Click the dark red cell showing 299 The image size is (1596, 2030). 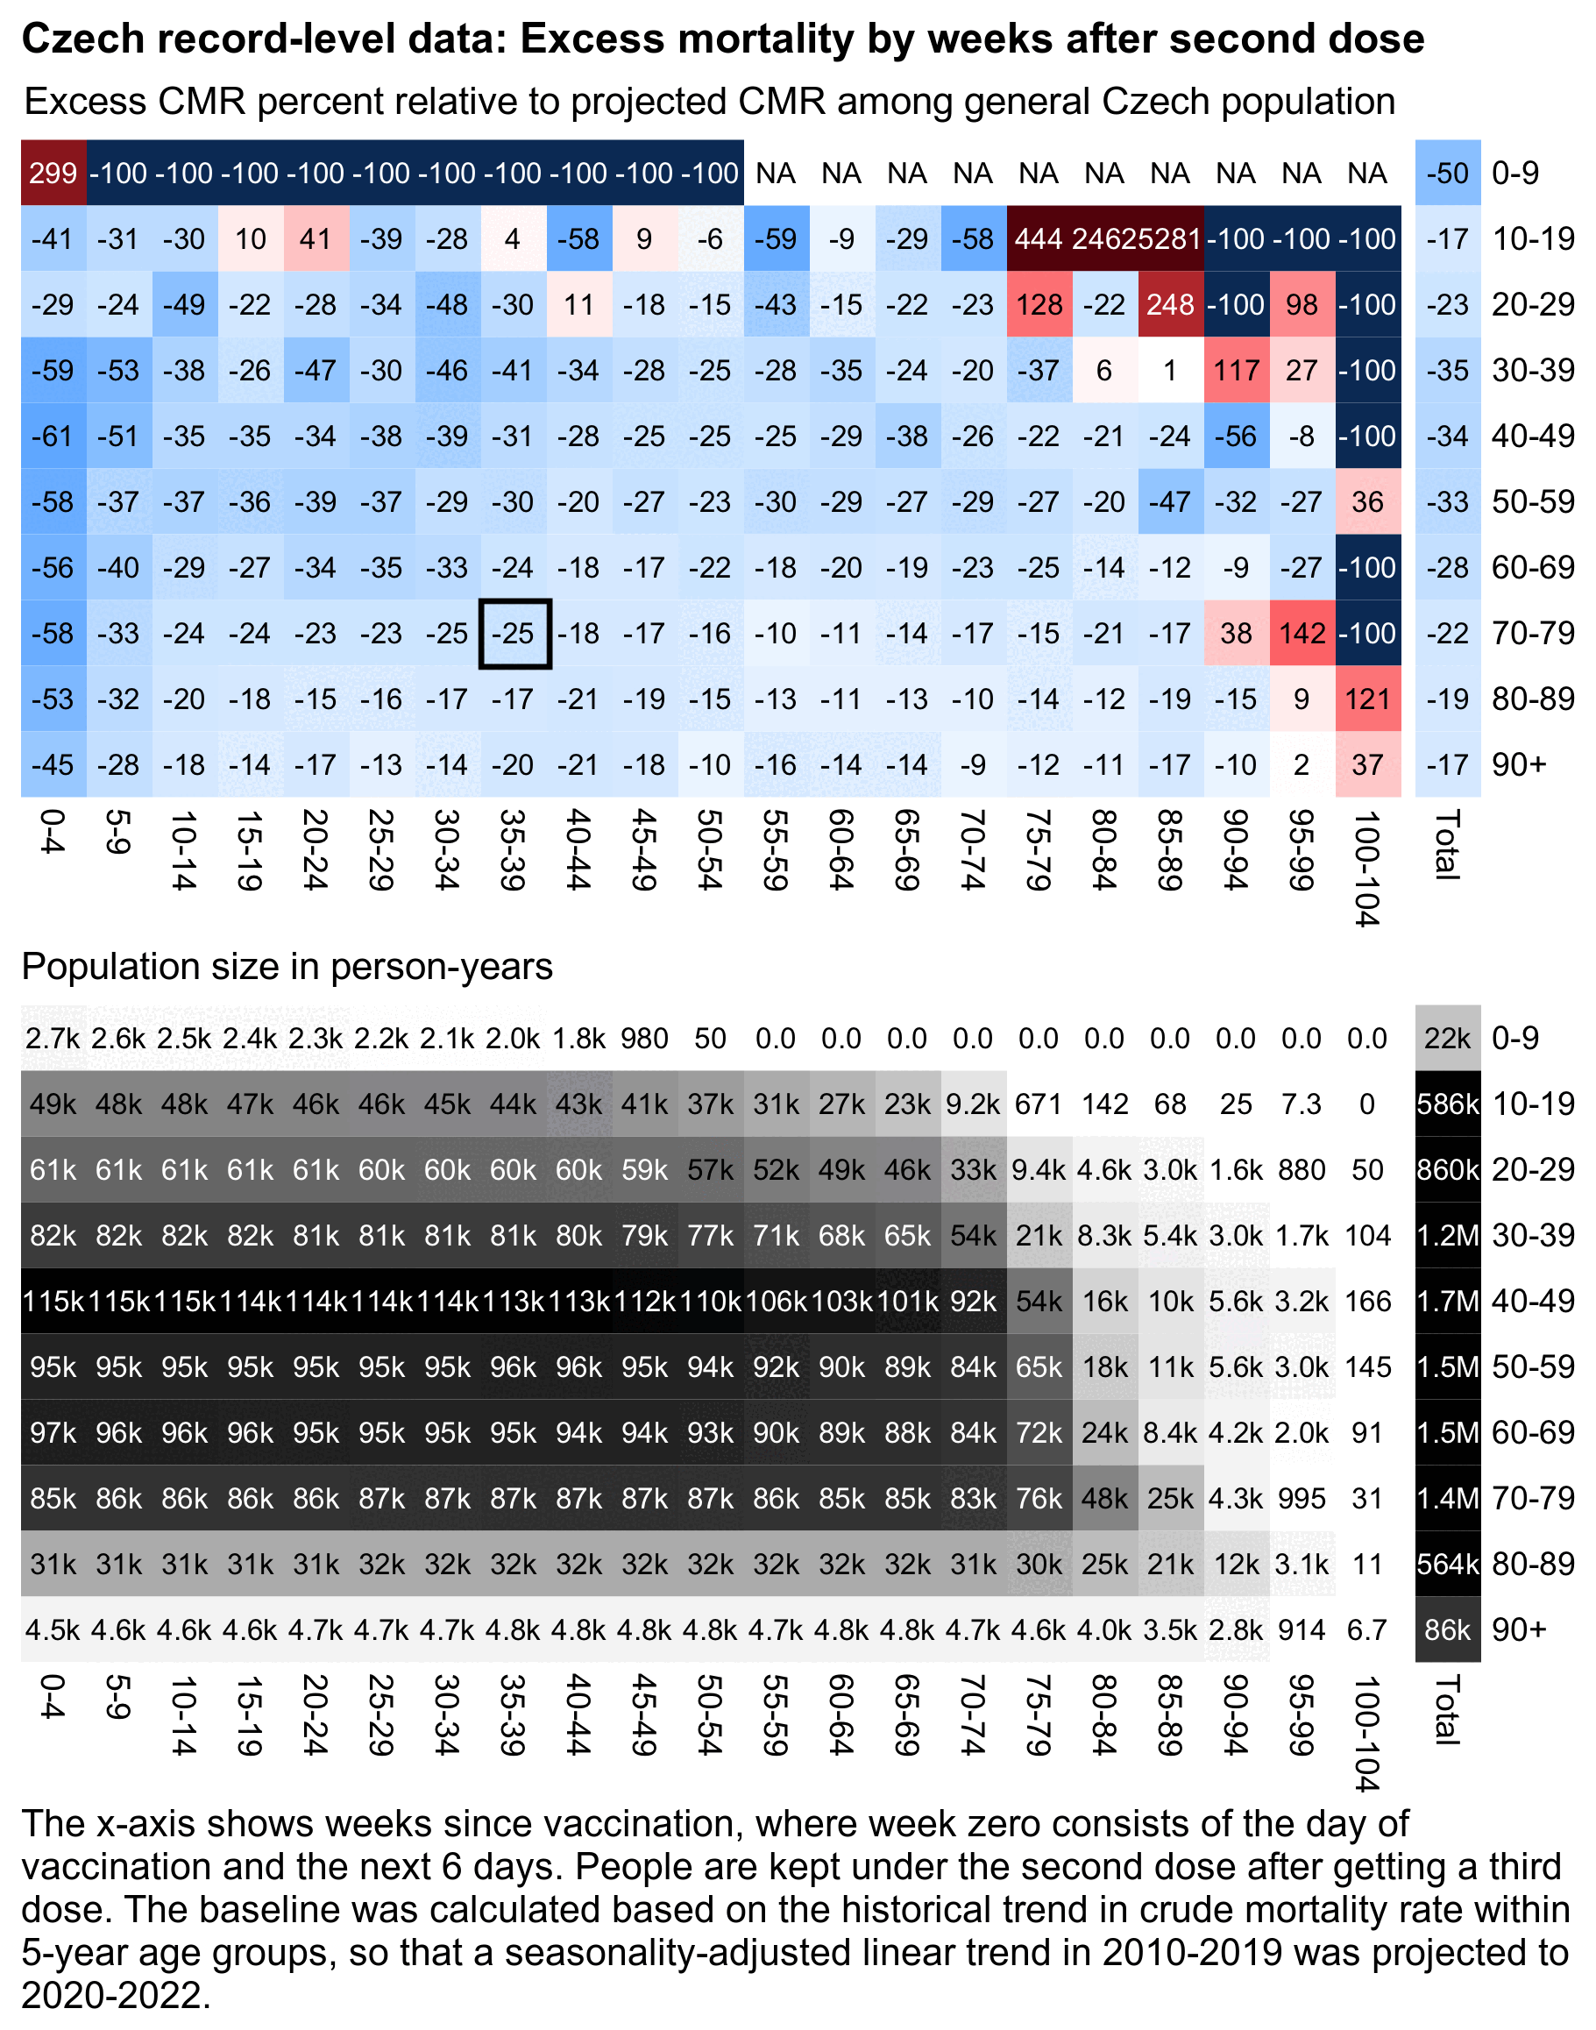point(53,173)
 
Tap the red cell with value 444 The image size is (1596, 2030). point(1039,239)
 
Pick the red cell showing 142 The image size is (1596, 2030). point(1302,634)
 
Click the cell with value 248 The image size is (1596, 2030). point(1171,305)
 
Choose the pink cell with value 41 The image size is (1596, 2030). point(316,239)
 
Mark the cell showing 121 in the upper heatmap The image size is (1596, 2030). point(1367,699)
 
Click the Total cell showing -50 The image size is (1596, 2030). point(1447,173)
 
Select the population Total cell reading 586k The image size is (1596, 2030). point(1447,1104)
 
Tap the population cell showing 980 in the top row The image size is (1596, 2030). point(645,1039)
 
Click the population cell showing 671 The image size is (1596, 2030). point(1039,1104)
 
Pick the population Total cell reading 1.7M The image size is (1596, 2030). point(1447,1301)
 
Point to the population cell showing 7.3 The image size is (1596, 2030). point(1302,1104)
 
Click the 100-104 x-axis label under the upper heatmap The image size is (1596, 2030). point(1367,869)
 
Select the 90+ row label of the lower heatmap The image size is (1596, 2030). point(1519,1630)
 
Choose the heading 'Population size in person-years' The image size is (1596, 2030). point(287,967)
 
